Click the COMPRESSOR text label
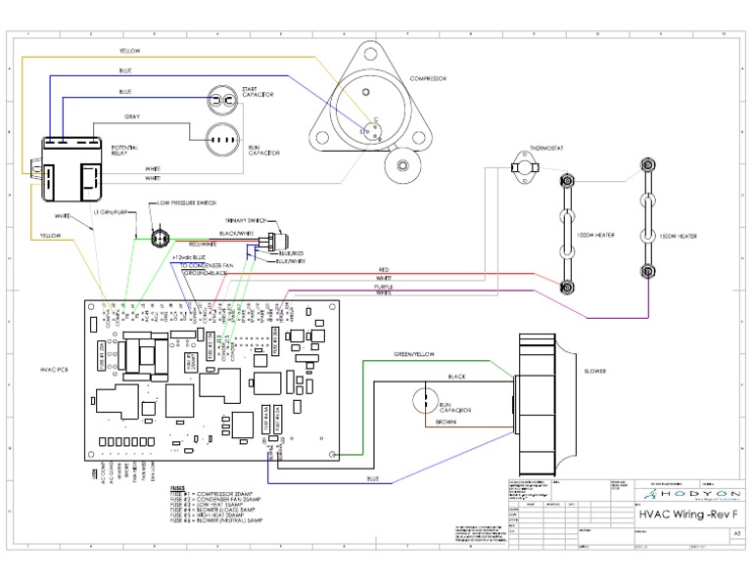pos(427,76)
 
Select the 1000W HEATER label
pos(594,236)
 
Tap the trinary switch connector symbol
pos(281,238)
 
